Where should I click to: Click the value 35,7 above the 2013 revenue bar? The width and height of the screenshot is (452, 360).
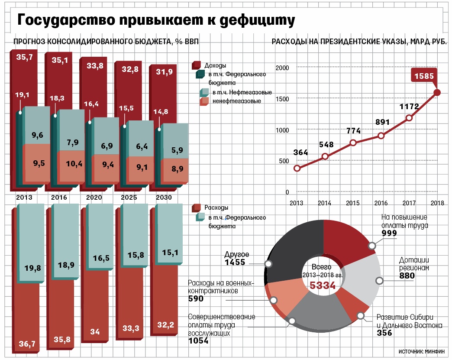point(24,57)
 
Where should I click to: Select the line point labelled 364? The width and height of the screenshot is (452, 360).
point(297,169)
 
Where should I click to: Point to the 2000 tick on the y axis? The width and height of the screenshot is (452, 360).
point(282,68)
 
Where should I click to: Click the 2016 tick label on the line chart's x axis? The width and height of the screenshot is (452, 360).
point(381,203)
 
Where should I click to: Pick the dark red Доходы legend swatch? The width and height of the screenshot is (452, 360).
point(196,65)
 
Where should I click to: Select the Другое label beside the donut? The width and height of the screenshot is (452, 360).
point(237,255)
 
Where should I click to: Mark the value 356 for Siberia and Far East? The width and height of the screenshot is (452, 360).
point(384,333)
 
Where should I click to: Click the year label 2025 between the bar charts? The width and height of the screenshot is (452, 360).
point(129,198)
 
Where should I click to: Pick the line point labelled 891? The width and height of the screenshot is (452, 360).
point(381,136)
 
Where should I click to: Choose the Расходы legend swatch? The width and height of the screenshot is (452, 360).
point(196,208)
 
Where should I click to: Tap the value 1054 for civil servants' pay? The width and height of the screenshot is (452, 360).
point(198,341)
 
